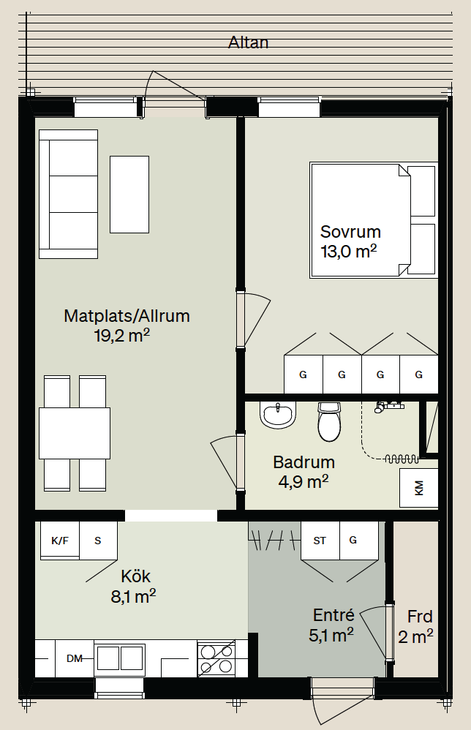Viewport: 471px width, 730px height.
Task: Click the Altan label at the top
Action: click(248, 42)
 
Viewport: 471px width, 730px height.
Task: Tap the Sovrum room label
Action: click(350, 232)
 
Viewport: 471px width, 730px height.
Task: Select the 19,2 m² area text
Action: click(122, 335)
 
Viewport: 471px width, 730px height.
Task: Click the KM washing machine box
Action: click(419, 487)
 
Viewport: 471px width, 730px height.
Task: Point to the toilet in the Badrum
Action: click(330, 422)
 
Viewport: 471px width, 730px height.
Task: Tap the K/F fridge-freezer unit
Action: click(60, 540)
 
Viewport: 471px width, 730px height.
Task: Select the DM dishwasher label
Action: click(75, 658)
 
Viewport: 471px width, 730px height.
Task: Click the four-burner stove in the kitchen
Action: click(216, 659)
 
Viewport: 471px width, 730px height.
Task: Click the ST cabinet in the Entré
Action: click(320, 541)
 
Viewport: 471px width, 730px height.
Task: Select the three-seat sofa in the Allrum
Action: click(69, 194)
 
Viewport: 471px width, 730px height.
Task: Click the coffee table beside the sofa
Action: click(129, 194)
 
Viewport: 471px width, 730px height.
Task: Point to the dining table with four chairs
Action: click(75, 433)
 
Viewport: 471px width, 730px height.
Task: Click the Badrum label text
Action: click(304, 462)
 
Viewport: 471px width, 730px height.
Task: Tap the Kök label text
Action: click(135, 576)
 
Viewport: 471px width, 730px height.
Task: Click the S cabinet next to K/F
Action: click(98, 541)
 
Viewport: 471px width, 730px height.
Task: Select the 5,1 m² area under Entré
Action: click(331, 635)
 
